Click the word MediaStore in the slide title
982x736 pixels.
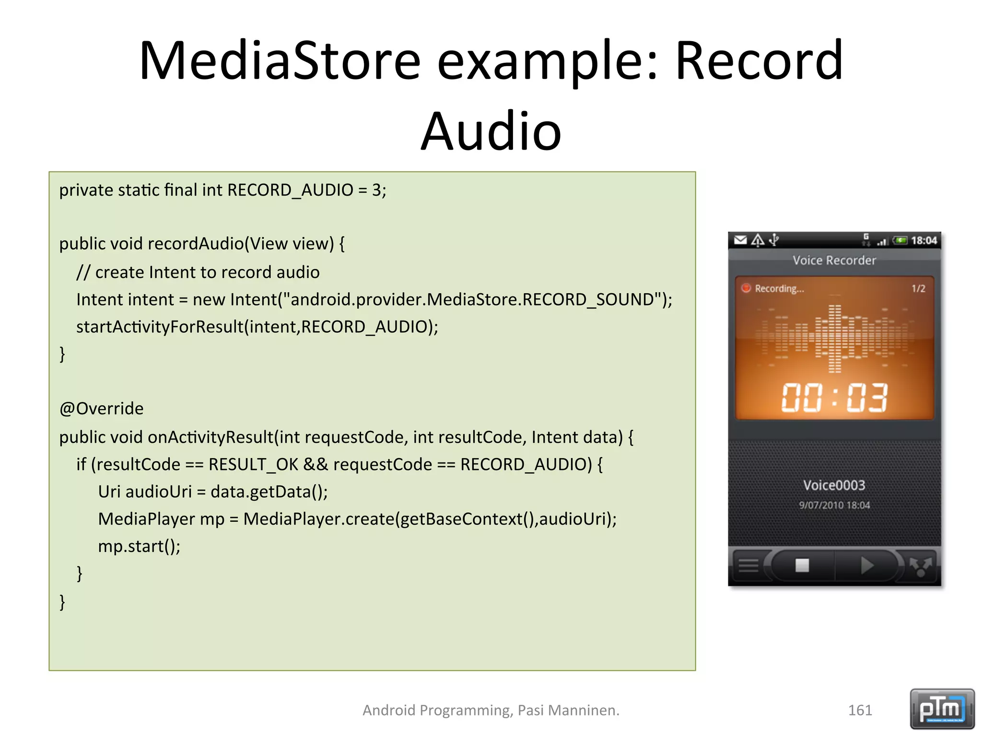(280, 61)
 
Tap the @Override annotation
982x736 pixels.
(101, 409)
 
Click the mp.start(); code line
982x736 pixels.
(139, 546)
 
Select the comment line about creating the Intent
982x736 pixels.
(198, 272)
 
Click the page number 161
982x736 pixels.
(860, 710)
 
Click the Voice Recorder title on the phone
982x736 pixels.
(834, 260)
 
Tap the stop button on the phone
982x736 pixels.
(802, 565)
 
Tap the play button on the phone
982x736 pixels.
(866, 565)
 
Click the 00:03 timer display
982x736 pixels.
(834, 398)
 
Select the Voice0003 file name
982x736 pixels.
(834, 485)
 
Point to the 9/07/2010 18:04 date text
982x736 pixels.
(834, 505)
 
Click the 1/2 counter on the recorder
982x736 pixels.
(918, 288)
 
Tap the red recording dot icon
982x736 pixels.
(746, 288)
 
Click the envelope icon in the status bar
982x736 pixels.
(740, 240)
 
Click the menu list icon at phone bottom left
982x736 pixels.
(748, 566)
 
